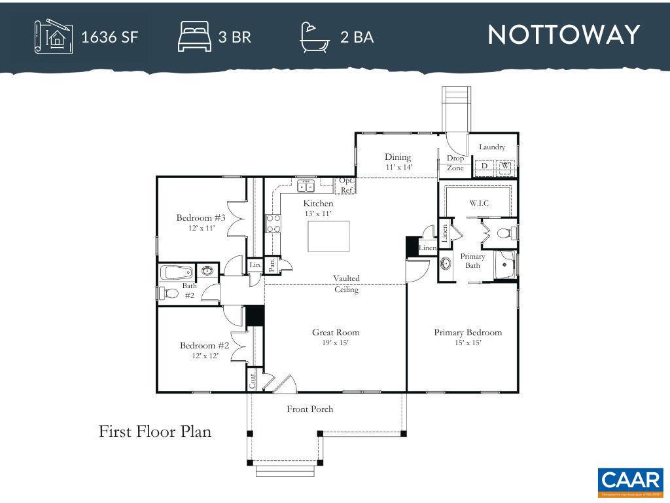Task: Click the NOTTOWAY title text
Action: tap(563, 35)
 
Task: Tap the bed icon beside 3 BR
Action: tap(194, 36)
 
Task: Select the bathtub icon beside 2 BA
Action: tap(315, 37)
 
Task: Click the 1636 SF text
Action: tap(109, 37)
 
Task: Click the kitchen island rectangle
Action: tap(328, 236)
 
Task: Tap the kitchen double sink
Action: tap(306, 187)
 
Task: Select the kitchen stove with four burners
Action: tap(273, 224)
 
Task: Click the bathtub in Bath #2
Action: tap(177, 272)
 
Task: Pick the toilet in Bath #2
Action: tap(170, 293)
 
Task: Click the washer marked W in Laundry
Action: tap(504, 166)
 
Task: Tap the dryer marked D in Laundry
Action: tap(485, 166)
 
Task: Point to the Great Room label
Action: tap(336, 332)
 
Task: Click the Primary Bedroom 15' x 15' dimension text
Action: tap(468, 343)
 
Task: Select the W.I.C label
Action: tap(479, 203)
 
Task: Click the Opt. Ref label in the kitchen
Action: tap(346, 185)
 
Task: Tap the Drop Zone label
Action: tap(455, 163)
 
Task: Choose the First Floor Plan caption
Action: tap(155, 432)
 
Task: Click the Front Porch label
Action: tap(310, 409)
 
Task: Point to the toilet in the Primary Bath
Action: tap(505, 233)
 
